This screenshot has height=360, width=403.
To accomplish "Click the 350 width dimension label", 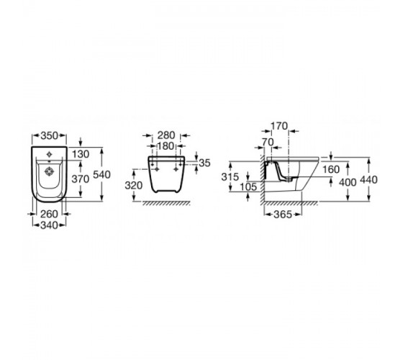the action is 50,135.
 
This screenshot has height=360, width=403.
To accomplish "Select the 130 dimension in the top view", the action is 81,154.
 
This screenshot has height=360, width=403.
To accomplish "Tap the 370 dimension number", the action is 81,179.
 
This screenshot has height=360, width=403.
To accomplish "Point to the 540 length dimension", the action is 101,175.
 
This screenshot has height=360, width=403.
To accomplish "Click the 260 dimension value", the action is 49,214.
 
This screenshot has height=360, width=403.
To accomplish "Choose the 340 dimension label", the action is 50,225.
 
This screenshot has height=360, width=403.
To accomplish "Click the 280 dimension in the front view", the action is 166,135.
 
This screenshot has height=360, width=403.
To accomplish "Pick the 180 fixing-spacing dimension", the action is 166,146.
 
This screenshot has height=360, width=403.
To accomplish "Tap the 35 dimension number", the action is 205,163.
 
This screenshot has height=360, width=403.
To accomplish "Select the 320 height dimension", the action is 134,186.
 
